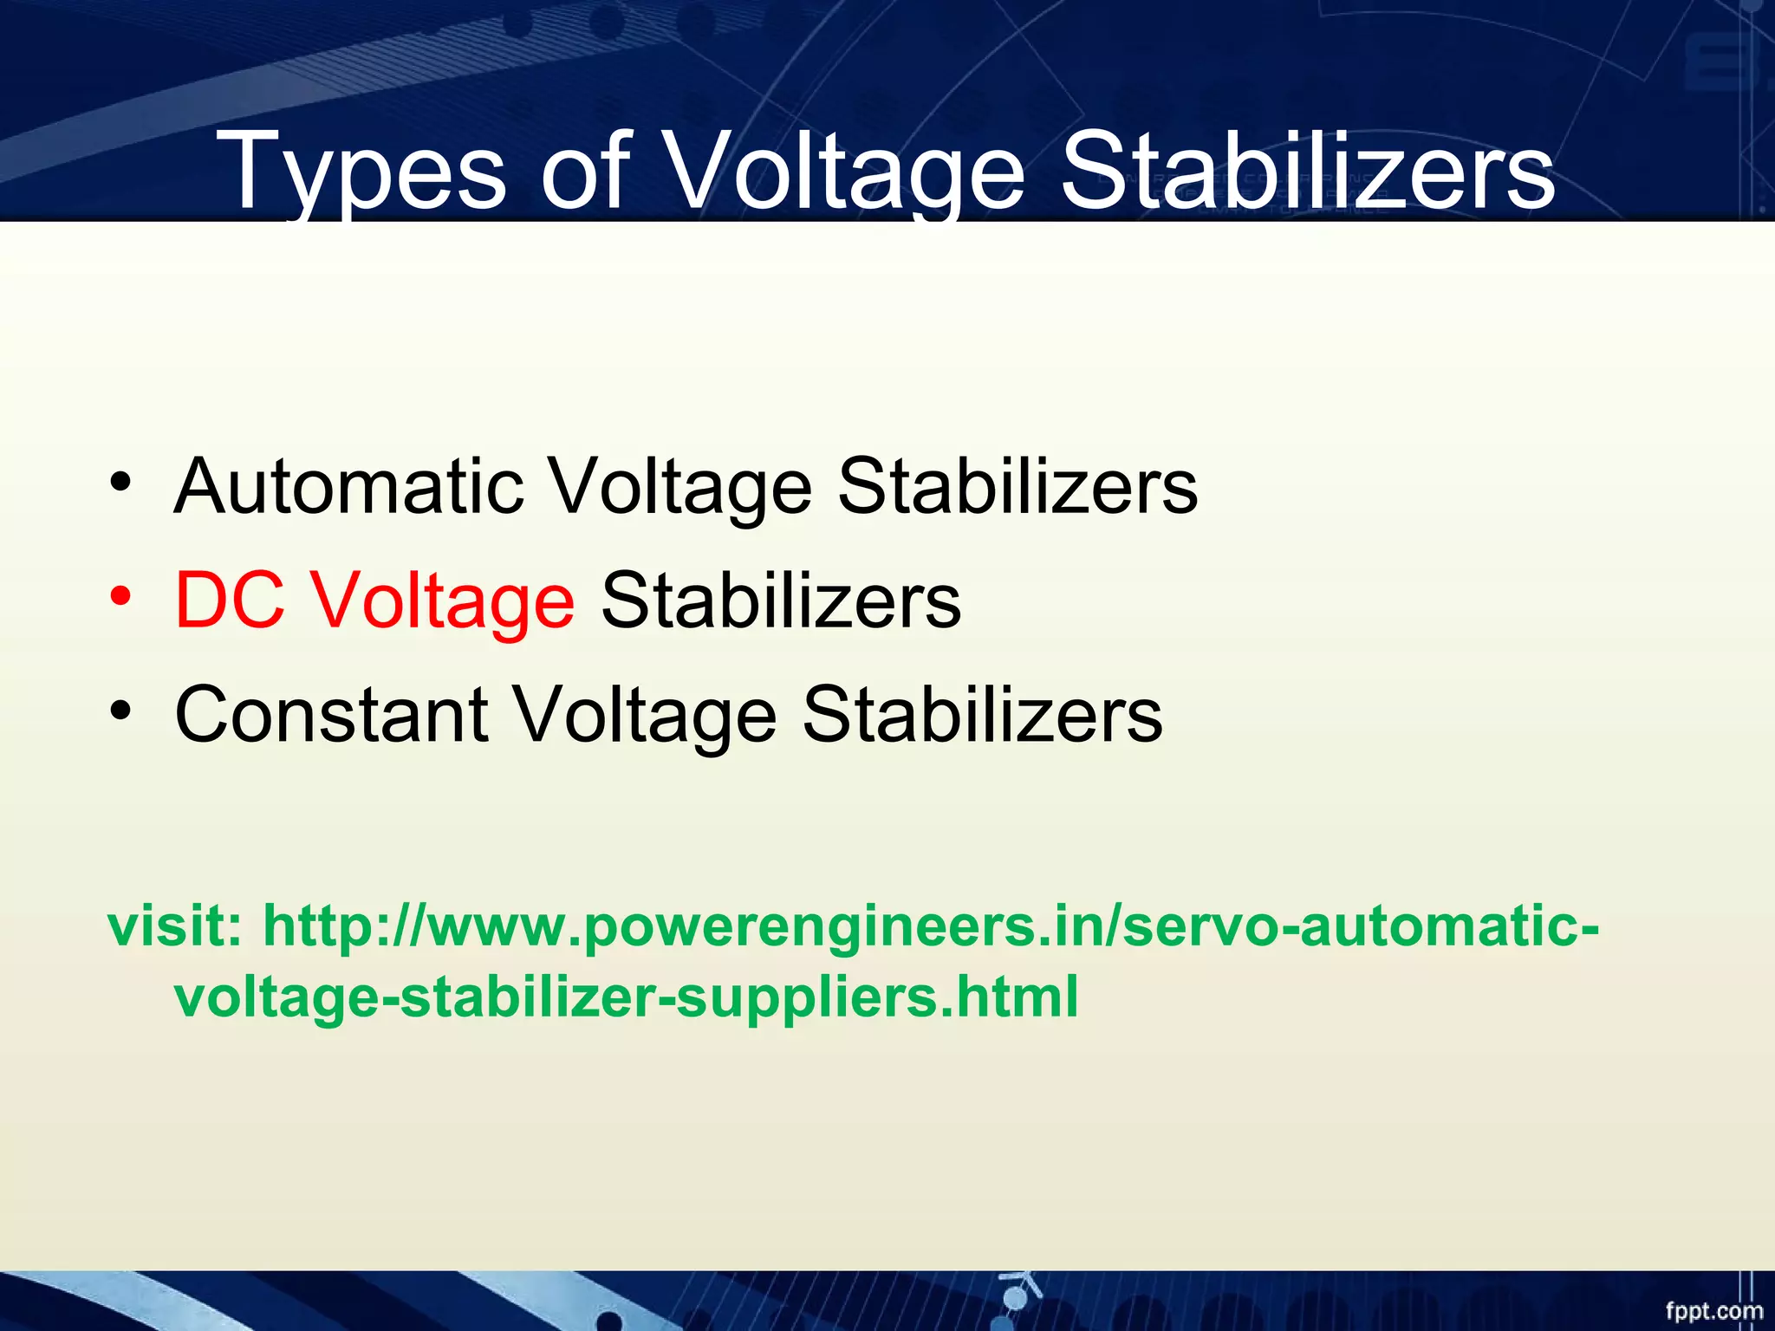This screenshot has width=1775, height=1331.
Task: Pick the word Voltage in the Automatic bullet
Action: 681,488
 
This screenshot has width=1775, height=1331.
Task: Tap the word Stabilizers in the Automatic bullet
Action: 1018,486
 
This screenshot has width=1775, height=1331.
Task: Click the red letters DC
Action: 230,600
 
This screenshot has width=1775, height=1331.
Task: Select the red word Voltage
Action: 443,601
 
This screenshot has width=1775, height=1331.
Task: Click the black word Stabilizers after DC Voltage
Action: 781,600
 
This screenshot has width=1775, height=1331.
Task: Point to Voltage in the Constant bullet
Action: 645,716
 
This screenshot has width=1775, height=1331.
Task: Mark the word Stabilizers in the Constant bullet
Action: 982,714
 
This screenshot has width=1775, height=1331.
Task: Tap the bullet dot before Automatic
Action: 120,482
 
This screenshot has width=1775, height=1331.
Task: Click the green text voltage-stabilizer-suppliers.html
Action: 626,997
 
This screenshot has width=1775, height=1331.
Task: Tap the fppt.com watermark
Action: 1713,1310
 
